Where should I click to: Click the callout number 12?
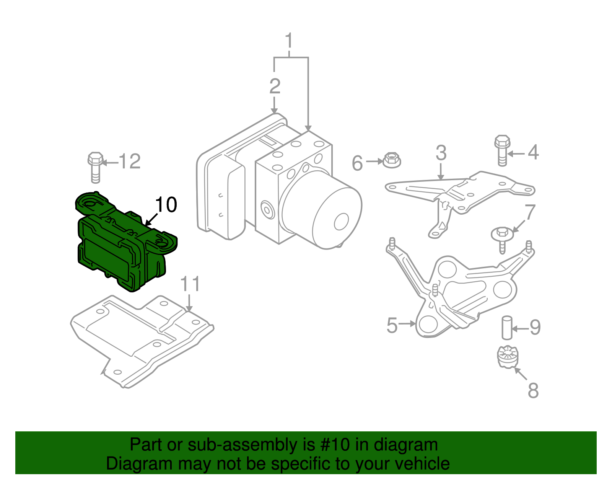(130, 162)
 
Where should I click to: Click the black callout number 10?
(166, 205)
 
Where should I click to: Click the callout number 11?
(190, 284)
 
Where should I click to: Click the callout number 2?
(275, 86)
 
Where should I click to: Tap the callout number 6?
(357, 163)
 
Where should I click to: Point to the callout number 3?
(441, 153)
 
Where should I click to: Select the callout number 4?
(533, 152)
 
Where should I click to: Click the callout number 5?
(392, 325)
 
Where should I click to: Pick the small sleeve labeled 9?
(507, 328)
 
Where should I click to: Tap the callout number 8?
(533, 391)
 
